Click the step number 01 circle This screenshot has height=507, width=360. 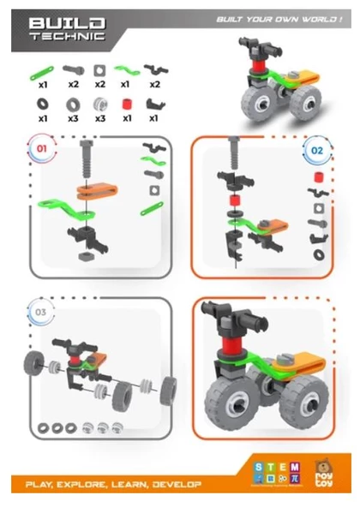(39, 147)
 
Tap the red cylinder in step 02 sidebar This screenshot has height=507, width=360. (317, 177)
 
